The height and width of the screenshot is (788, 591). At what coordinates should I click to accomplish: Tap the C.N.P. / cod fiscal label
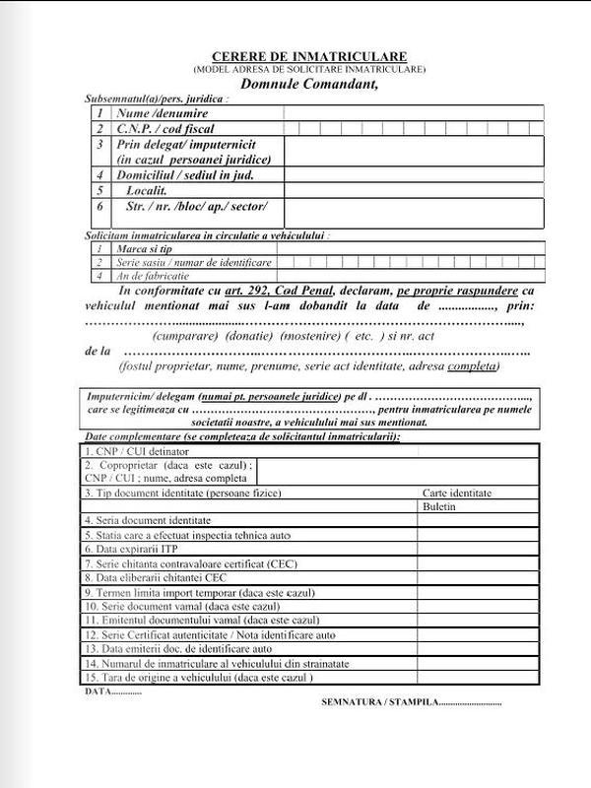(x=165, y=128)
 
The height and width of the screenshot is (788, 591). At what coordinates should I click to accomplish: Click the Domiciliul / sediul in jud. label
(x=186, y=175)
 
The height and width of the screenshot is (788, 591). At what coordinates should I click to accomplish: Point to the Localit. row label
(x=146, y=190)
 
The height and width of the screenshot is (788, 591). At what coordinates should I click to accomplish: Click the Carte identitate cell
(x=457, y=492)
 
